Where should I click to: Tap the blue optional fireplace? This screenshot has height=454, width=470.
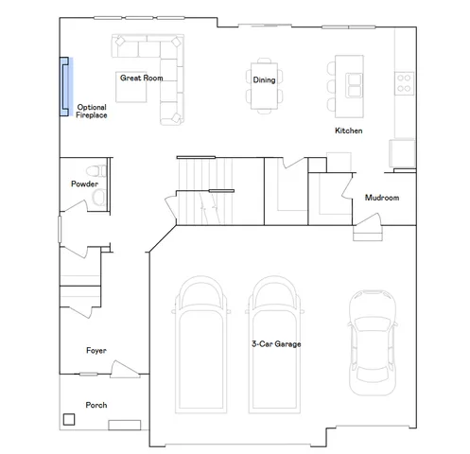(65, 84)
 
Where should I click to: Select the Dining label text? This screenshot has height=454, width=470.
(264, 80)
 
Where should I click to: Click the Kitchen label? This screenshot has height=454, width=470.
(349, 131)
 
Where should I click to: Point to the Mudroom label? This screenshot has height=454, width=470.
(382, 199)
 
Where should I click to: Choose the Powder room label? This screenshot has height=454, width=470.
(84, 183)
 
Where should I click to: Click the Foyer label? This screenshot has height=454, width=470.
(96, 351)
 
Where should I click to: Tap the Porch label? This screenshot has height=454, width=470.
(96, 405)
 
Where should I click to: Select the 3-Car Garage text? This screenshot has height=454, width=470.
(276, 344)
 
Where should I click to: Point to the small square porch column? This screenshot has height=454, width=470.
(69, 418)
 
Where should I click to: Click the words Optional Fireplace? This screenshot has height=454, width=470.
(92, 111)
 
